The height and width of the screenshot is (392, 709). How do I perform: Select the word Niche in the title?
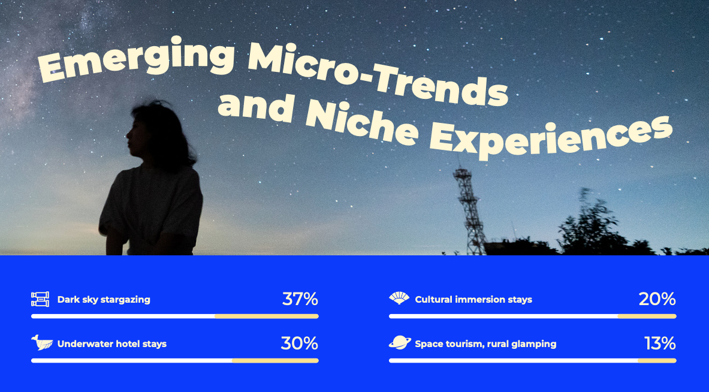pyautogui.click(x=361, y=123)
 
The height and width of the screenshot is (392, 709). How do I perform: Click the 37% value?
pyautogui.click(x=300, y=299)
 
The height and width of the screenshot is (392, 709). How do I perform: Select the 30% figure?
pyautogui.click(x=299, y=343)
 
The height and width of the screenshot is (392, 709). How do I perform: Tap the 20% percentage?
pyautogui.click(x=657, y=299)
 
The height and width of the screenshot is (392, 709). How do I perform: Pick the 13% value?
pyautogui.click(x=660, y=343)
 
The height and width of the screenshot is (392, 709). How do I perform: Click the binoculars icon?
pyautogui.click(x=40, y=299)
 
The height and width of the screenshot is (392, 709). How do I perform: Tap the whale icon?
pyautogui.click(x=41, y=343)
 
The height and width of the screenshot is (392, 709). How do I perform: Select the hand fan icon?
pyautogui.click(x=399, y=298)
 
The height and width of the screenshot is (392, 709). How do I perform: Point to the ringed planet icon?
pyautogui.click(x=400, y=343)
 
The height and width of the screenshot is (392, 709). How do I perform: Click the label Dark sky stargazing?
pyautogui.click(x=104, y=300)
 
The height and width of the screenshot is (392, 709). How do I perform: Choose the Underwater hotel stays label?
pyautogui.click(x=111, y=344)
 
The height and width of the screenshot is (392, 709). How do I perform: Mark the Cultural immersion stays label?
pyautogui.click(x=473, y=300)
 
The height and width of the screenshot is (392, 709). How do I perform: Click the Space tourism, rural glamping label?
pyautogui.click(x=485, y=344)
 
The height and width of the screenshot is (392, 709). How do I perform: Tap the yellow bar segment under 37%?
pyautogui.click(x=266, y=316)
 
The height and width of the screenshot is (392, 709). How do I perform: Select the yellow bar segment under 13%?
pyautogui.click(x=657, y=361)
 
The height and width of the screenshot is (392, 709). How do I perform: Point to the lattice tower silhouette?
pyautogui.click(x=469, y=211)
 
